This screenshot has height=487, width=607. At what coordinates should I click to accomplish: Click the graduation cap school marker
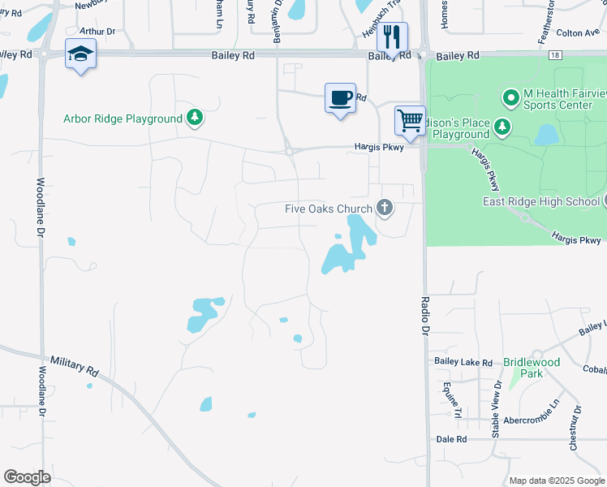tap(80, 54)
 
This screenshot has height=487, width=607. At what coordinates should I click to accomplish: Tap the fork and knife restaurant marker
tap(393, 37)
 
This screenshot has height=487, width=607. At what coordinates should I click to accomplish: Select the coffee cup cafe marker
tap(341, 98)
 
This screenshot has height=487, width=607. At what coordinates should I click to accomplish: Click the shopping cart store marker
tap(411, 121)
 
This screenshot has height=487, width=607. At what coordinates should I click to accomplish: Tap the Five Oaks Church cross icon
tap(385, 209)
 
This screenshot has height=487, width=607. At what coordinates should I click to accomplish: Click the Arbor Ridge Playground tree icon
tap(194, 119)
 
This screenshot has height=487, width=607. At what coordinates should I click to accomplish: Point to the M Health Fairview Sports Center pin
tap(511, 98)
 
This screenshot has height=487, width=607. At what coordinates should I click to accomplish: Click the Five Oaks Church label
tap(328, 209)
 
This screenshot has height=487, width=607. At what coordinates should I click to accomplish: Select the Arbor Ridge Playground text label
tap(123, 119)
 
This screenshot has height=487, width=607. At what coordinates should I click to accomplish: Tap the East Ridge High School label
tap(540, 201)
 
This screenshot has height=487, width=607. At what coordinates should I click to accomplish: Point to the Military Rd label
tap(74, 364)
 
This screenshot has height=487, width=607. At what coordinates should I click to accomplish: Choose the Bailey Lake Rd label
tap(463, 362)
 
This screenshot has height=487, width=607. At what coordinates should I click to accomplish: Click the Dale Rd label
tap(451, 439)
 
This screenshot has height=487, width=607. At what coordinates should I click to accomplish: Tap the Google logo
tap(27, 477)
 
